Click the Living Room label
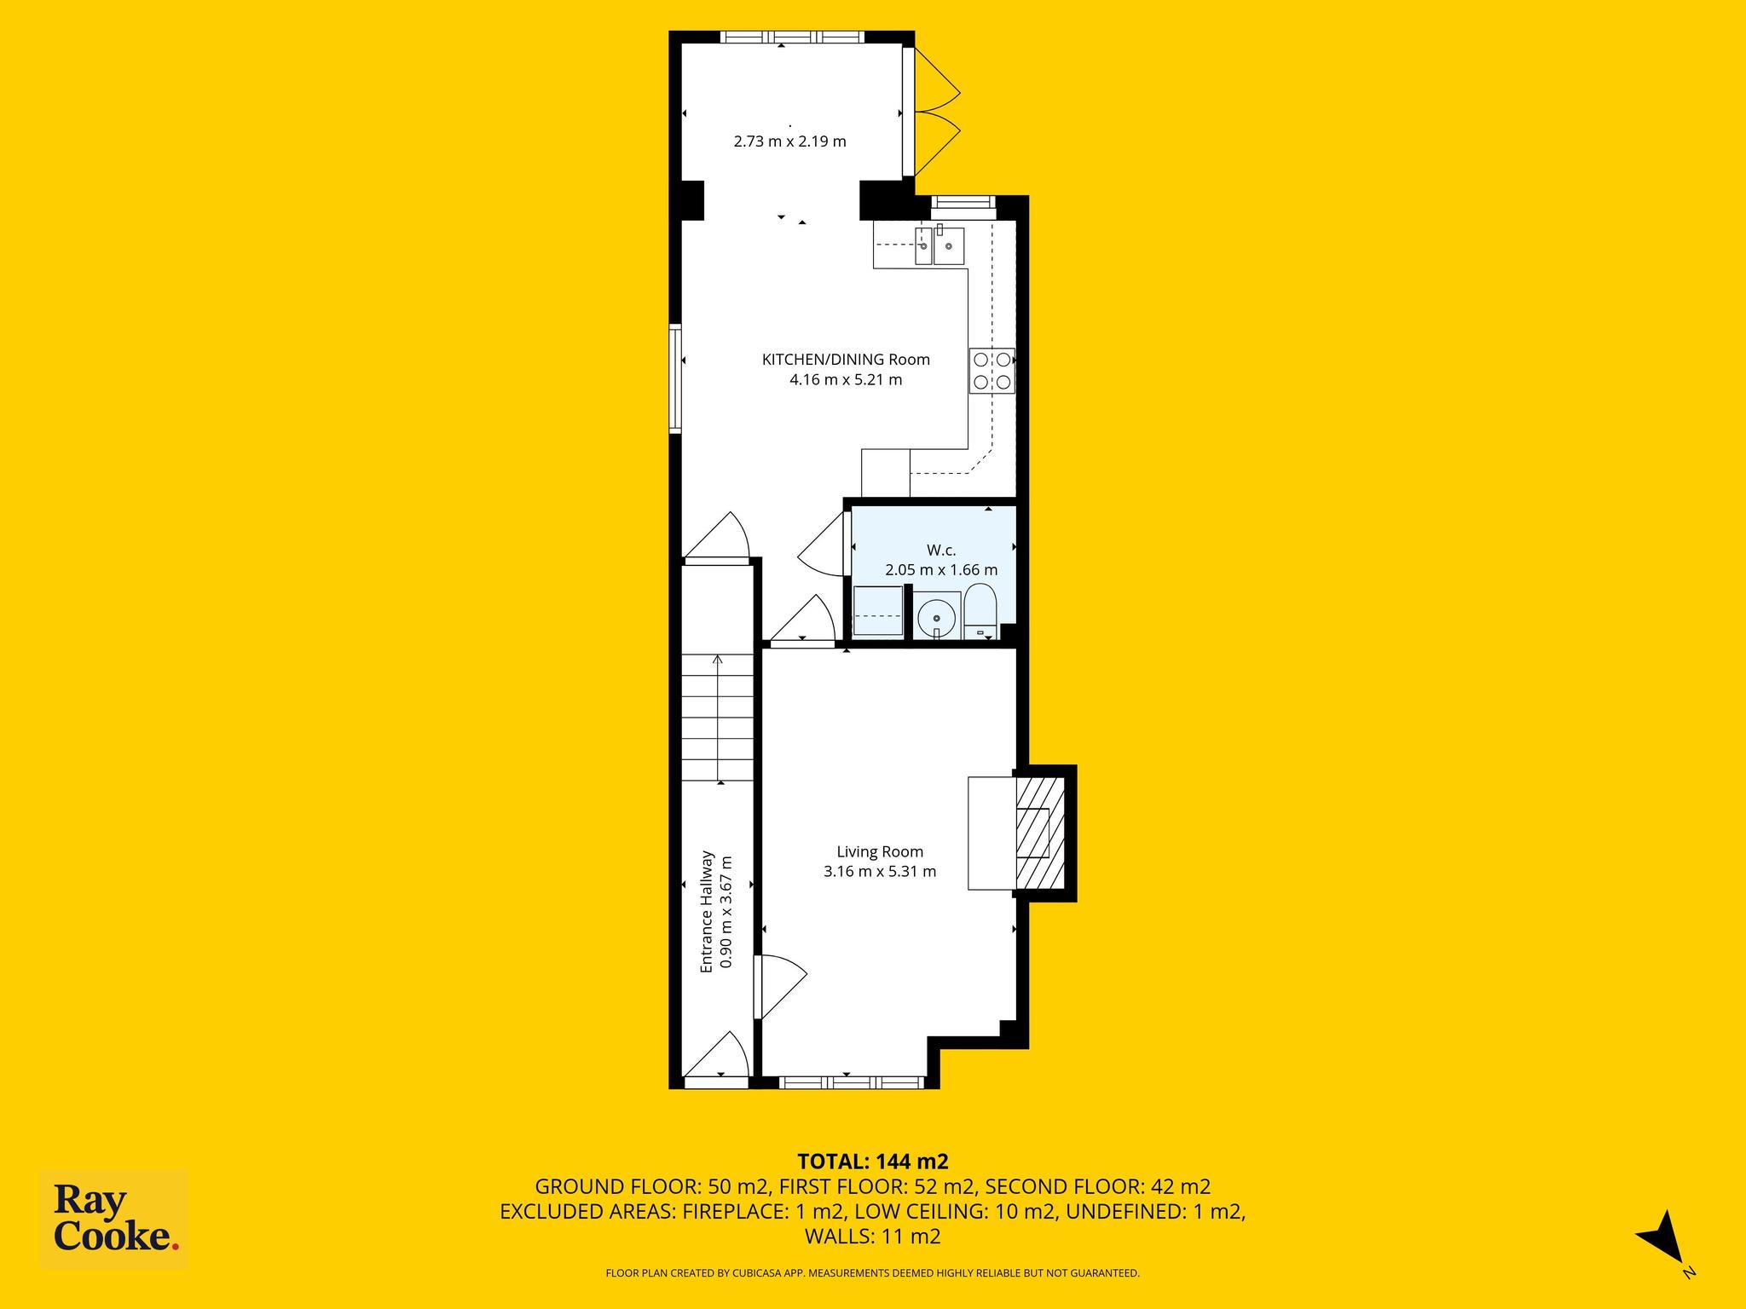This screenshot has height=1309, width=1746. [880, 851]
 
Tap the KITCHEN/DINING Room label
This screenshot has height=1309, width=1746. [846, 360]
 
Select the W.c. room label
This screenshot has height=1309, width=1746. [941, 551]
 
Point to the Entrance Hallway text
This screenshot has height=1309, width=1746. [706, 912]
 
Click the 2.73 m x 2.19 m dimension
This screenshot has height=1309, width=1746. [789, 141]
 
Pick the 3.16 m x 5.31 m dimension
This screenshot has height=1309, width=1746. [880, 872]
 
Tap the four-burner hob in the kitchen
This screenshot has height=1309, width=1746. [992, 371]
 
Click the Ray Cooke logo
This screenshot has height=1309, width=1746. [114, 1220]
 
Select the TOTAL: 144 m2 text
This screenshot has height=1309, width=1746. [873, 1162]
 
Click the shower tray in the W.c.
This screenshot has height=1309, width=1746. [877, 611]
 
